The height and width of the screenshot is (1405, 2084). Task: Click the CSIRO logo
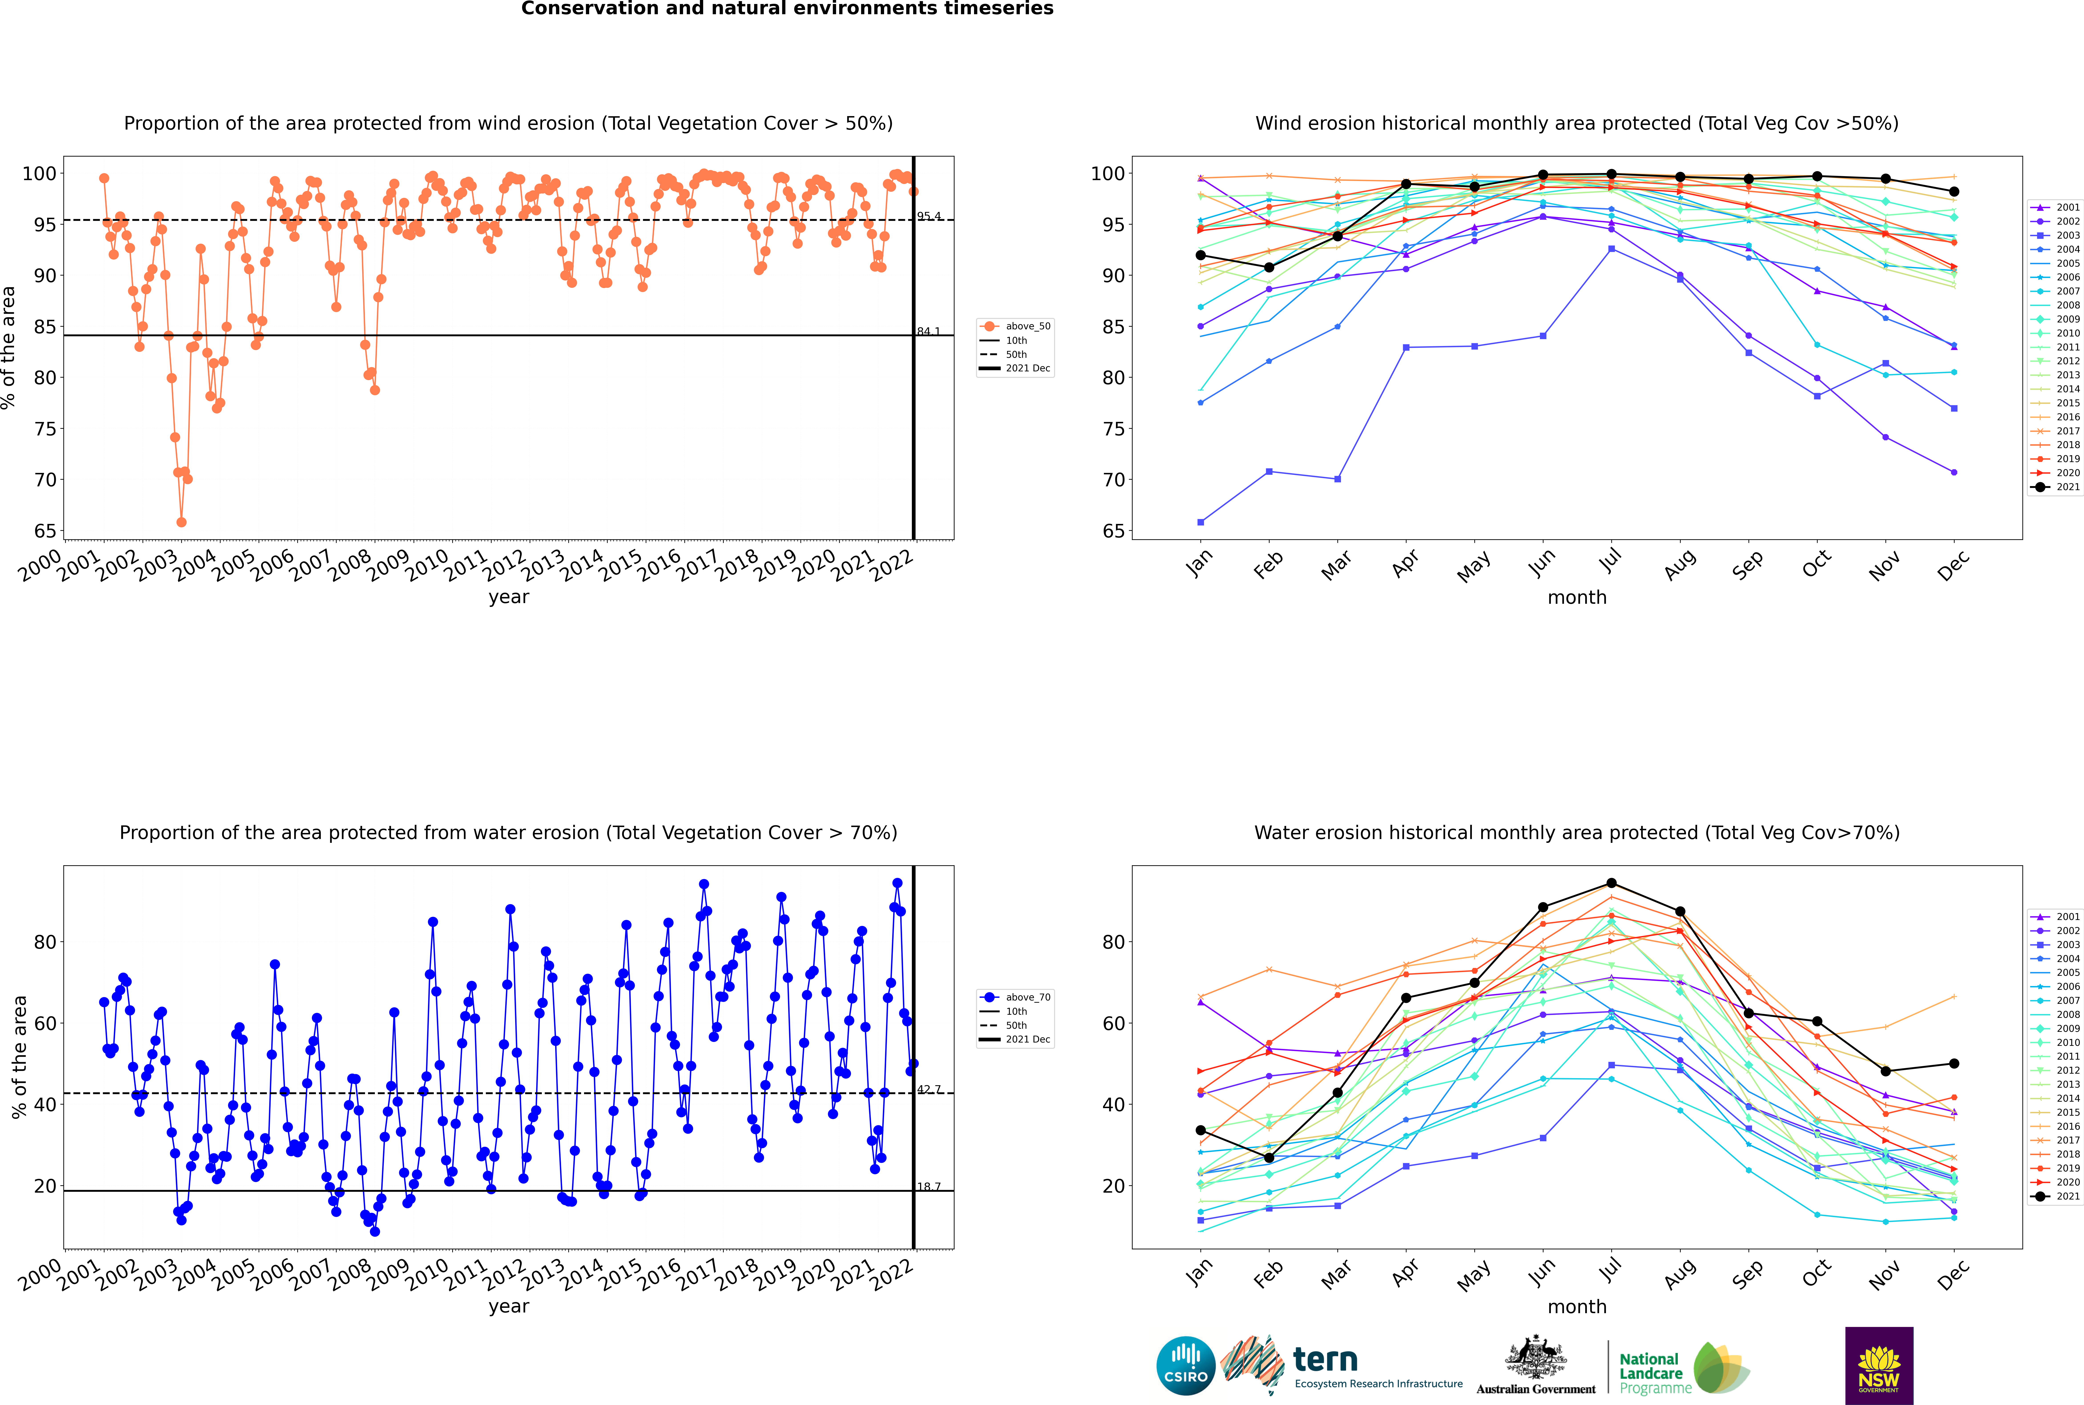[1185, 1366]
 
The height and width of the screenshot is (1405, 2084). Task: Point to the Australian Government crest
[1536, 1357]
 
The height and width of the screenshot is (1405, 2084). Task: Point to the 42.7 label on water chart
[929, 1090]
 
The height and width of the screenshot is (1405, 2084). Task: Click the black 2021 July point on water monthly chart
[1611, 884]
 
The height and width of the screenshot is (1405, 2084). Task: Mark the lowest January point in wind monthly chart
[1201, 521]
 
